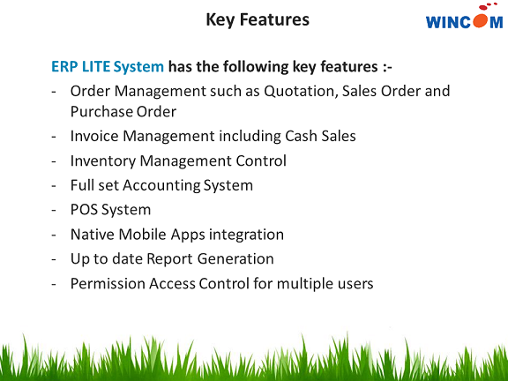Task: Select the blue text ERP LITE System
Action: pyautogui.click(x=108, y=66)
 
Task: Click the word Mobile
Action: pyautogui.click(x=144, y=235)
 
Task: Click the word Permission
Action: pyautogui.click(x=108, y=284)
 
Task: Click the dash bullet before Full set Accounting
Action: pyautogui.click(x=55, y=186)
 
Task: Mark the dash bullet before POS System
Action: pyautogui.click(x=55, y=211)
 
